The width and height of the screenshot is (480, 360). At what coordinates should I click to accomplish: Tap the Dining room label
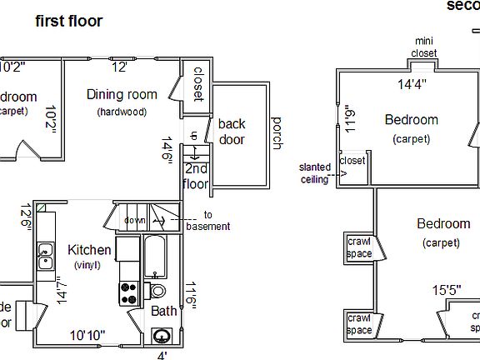click(122, 94)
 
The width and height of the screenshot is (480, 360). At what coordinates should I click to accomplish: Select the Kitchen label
click(89, 250)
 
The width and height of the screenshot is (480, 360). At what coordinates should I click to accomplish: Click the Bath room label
click(163, 311)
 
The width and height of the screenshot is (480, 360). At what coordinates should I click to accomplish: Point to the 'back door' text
click(232, 132)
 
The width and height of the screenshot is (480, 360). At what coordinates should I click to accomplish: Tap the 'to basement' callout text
click(208, 221)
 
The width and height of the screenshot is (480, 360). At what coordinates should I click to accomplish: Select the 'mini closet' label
click(423, 47)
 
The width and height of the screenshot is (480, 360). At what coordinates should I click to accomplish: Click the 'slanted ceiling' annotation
click(315, 172)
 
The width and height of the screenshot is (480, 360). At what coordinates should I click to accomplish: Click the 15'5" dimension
click(447, 290)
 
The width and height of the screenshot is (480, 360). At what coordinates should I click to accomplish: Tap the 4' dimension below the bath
click(162, 355)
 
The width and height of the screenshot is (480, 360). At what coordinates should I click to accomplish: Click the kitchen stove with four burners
click(129, 292)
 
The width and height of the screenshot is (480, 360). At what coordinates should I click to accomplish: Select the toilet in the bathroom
click(157, 290)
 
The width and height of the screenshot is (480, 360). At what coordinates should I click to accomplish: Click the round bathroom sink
click(162, 337)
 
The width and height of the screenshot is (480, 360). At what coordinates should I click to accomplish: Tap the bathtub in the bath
click(156, 257)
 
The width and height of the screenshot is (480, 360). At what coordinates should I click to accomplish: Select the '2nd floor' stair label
click(197, 177)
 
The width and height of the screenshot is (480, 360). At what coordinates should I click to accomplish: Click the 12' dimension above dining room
click(120, 67)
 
